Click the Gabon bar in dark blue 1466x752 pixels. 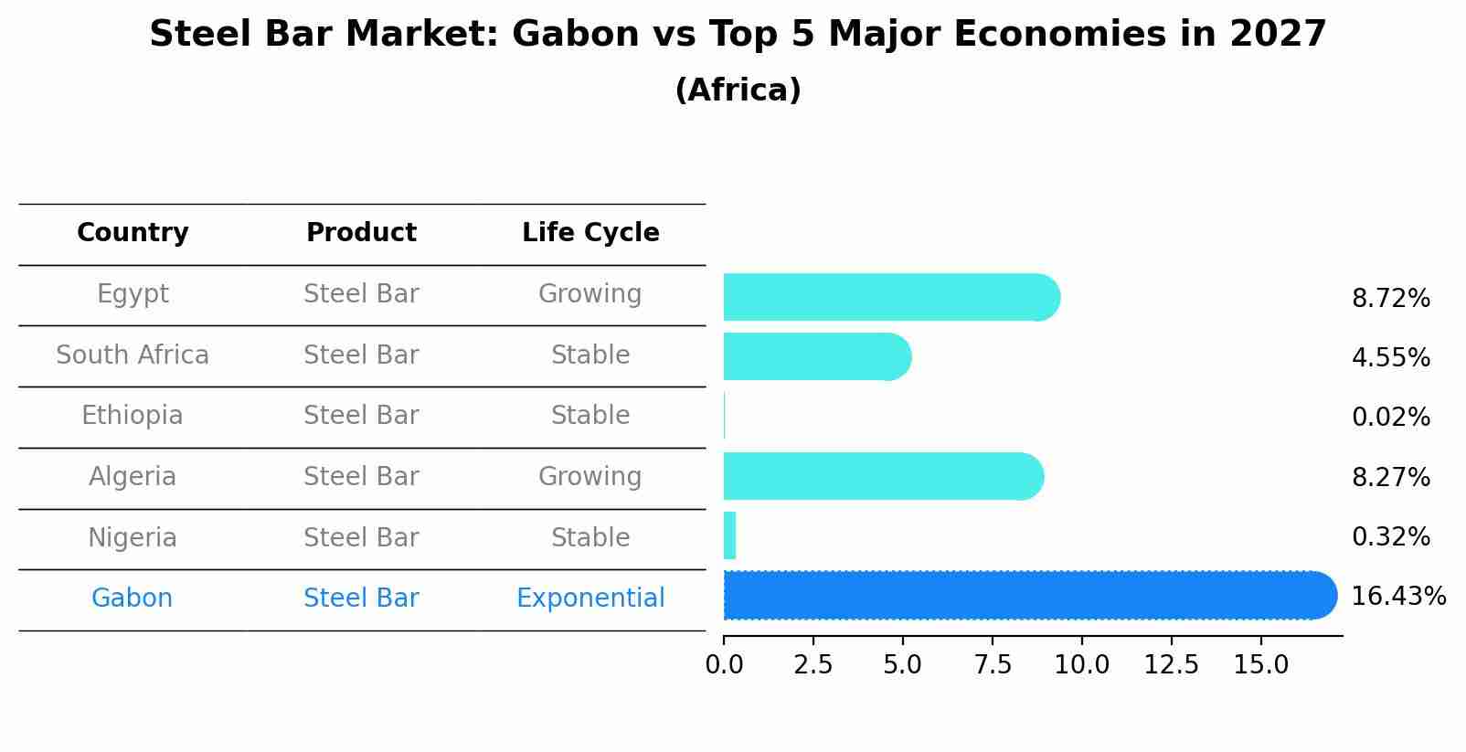[1030, 595]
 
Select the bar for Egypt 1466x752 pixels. [891, 297]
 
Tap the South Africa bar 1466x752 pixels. [817, 356]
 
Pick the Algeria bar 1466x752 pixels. [884, 476]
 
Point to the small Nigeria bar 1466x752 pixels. [729, 535]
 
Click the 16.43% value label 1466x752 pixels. [1398, 597]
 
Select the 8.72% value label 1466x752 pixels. [1391, 299]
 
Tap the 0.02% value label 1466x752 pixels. [1391, 417]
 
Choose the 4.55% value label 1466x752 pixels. [1391, 357]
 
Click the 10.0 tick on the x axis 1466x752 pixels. [1082, 664]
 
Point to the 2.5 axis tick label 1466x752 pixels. [813, 664]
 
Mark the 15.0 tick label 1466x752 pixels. [1260, 664]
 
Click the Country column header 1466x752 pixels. [133, 232]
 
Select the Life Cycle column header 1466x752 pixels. [590, 232]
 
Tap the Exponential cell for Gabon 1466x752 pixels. [590, 598]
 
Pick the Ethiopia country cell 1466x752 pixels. [133, 415]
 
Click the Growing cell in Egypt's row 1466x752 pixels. [590, 294]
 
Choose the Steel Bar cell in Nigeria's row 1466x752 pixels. [361, 537]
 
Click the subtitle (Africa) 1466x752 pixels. [738, 90]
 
